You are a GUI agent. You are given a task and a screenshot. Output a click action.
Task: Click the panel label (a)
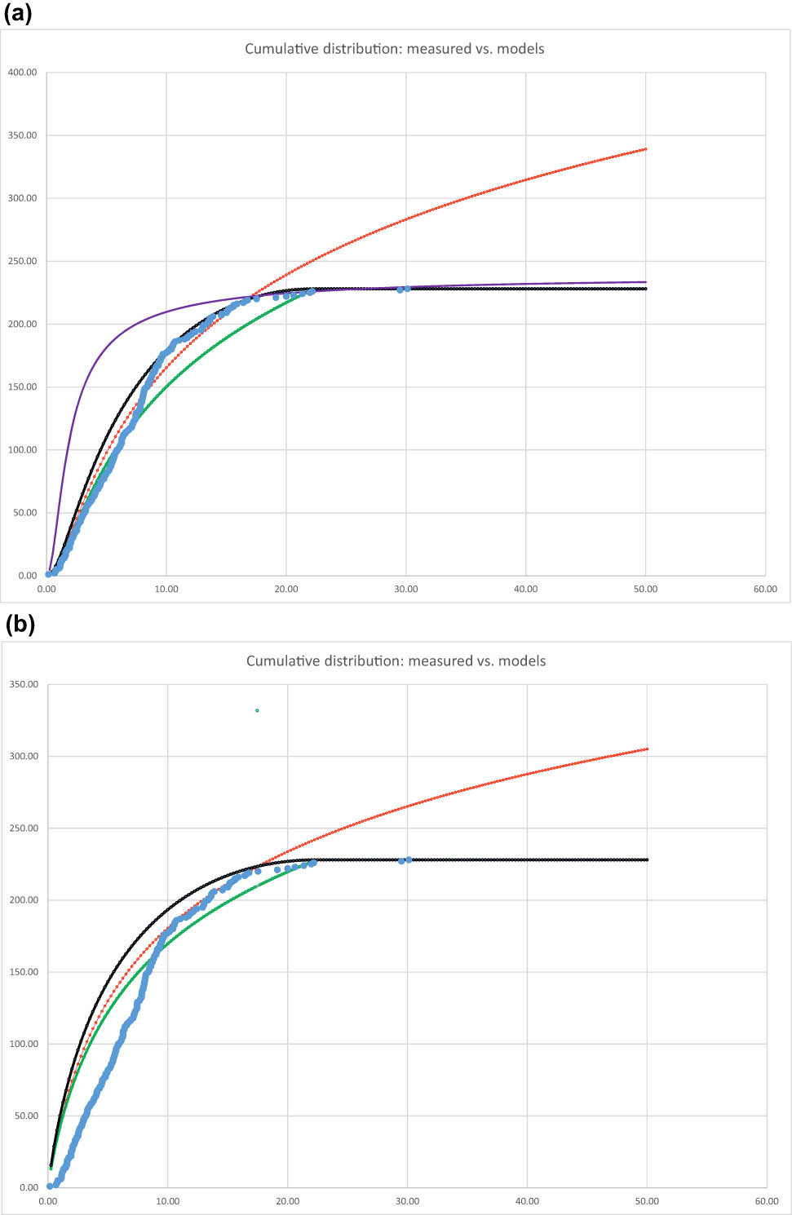[18, 14]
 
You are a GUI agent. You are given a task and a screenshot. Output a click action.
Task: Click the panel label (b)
[20, 625]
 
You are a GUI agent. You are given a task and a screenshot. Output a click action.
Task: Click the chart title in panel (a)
[395, 49]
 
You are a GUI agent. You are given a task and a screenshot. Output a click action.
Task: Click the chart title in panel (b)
[396, 661]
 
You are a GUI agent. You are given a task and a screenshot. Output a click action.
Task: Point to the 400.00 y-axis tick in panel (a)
[23, 73]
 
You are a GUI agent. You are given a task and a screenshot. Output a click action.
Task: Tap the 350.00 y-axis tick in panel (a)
[23, 135]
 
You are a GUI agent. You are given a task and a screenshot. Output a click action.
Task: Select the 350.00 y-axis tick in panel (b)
[24, 685]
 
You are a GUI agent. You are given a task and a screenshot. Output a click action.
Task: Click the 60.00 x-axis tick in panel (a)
[765, 589]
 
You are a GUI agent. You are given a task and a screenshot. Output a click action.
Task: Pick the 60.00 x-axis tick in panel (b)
[767, 1201]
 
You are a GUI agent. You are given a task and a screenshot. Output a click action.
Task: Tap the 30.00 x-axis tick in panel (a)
[406, 589]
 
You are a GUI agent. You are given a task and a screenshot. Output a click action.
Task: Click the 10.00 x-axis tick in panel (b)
[168, 1201]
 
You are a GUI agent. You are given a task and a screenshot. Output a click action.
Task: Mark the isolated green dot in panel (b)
[257, 710]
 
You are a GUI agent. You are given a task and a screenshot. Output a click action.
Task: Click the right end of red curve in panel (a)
[646, 149]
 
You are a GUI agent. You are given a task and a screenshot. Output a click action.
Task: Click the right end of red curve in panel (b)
[648, 749]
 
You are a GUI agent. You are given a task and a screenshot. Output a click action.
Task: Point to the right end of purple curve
[646, 282]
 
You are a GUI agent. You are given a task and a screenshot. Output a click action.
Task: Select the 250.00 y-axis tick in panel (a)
[23, 261]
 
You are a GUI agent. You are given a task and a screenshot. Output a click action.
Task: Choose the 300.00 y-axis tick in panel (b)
[24, 757]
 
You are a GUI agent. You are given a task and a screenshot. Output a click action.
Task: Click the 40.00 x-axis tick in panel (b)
[527, 1201]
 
